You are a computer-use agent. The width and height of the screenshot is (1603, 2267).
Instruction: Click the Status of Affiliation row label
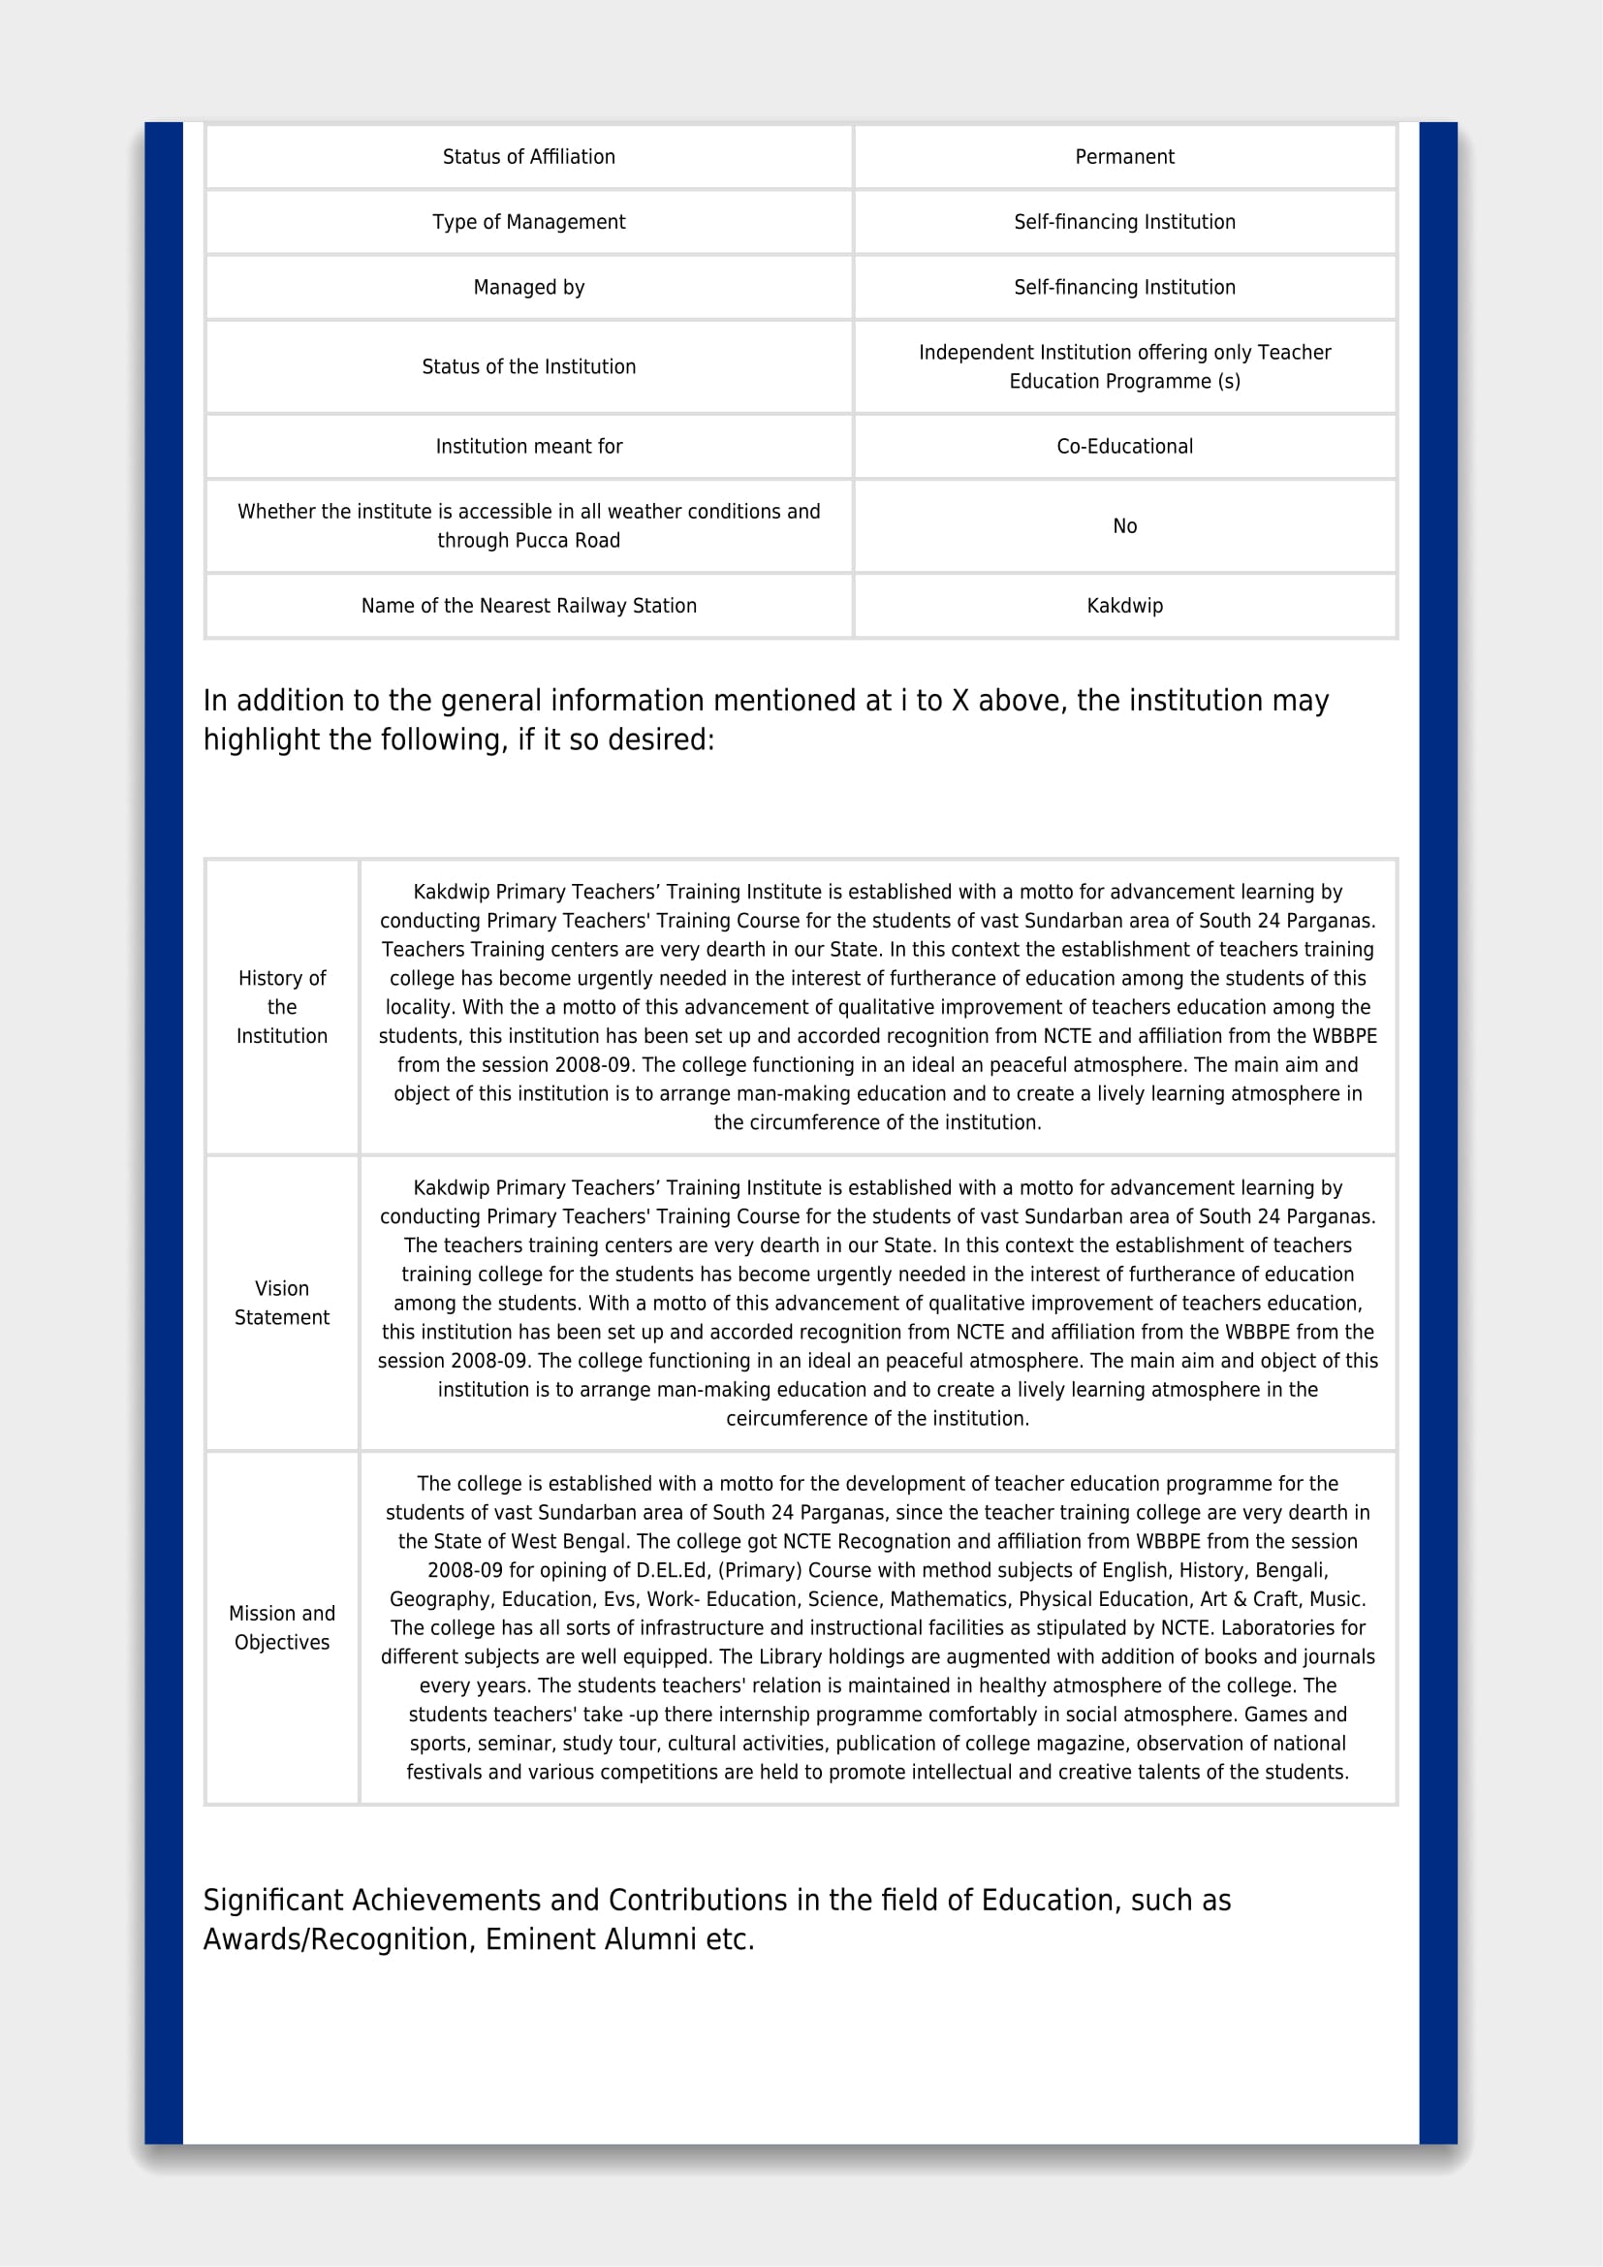tap(528, 157)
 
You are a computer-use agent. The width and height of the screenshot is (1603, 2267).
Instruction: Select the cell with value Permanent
tap(1124, 157)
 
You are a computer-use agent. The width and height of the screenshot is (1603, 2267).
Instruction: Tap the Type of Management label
tap(528, 222)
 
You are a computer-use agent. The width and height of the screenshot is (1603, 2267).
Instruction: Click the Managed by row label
tap(528, 287)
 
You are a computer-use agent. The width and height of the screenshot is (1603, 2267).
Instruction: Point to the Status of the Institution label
tap(528, 367)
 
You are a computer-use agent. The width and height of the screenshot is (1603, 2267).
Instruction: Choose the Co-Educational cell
tap(1124, 446)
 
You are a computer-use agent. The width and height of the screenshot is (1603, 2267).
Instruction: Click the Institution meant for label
tap(528, 446)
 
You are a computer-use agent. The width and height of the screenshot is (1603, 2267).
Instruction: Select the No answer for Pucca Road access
tap(1124, 526)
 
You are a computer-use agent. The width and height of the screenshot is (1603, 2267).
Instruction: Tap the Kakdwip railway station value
tap(1124, 606)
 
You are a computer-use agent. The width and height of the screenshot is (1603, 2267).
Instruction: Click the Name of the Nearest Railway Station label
tap(528, 606)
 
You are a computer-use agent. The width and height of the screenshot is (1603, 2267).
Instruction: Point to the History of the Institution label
tap(281, 1007)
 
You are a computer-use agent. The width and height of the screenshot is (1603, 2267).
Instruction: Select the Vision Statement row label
tap(281, 1304)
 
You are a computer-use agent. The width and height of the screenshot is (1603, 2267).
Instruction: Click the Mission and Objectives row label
tap(281, 1628)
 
